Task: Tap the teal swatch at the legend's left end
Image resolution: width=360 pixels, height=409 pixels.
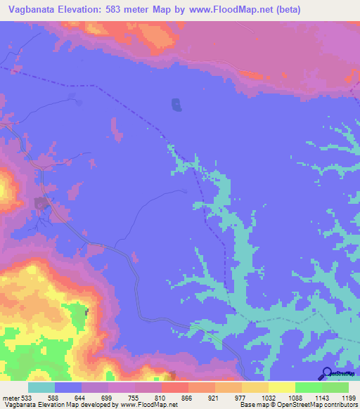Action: [x=41, y=387]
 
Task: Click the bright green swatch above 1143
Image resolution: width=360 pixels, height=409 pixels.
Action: [x=308, y=387]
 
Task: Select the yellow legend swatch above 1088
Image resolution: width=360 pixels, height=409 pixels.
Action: [x=282, y=387]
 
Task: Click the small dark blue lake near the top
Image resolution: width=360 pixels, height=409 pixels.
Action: [x=175, y=105]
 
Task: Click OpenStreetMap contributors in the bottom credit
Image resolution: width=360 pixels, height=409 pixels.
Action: [x=320, y=405]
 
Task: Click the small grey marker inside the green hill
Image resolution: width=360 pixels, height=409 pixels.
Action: [x=87, y=311]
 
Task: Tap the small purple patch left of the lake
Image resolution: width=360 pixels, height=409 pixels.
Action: [x=115, y=129]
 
